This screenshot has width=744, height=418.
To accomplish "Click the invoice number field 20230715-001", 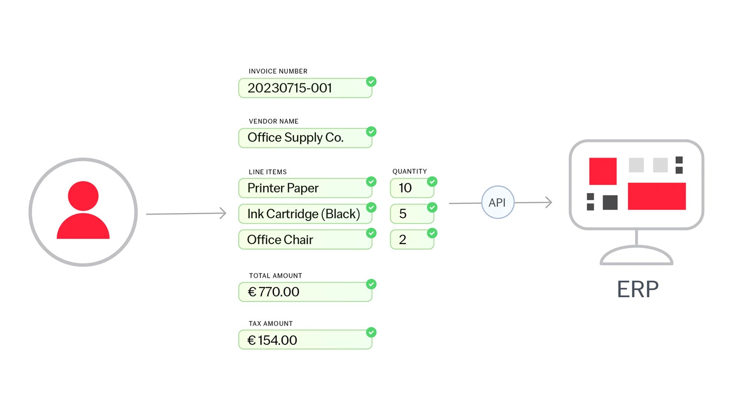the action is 305,88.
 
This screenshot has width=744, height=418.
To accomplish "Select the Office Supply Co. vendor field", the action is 305,138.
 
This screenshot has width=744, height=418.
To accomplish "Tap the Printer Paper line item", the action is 305,188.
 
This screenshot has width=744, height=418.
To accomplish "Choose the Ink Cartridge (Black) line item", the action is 305,214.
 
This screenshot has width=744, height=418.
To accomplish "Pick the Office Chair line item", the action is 305,239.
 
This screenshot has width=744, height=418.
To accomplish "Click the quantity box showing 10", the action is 412,188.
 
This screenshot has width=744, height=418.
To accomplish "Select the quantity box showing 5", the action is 412,214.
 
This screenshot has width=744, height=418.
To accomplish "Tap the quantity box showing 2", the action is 412,239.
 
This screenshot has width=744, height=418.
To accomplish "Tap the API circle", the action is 498,202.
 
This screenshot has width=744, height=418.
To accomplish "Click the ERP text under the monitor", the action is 638,290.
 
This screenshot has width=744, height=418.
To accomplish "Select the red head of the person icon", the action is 83,196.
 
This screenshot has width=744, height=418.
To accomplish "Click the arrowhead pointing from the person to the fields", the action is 223,213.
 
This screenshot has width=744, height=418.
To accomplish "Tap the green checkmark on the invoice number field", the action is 371,82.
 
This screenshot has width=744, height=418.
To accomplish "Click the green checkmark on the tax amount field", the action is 371,332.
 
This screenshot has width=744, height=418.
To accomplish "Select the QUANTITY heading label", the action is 410,171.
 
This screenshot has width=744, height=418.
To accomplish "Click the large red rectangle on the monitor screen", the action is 657,196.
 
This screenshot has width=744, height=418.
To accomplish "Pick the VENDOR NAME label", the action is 274,121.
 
